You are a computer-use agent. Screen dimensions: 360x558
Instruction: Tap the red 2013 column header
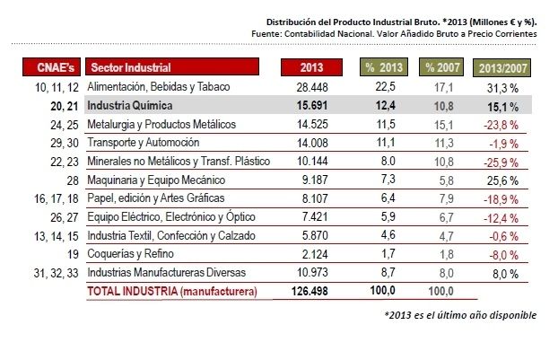pos(310,67)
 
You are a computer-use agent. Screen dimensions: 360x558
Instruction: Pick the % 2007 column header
pos(442,67)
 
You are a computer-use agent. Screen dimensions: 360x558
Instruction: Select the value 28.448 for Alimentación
pos(309,86)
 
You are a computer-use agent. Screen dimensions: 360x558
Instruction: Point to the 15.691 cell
pos(309,105)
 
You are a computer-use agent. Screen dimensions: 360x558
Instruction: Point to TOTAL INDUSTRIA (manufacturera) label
pos(170,292)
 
